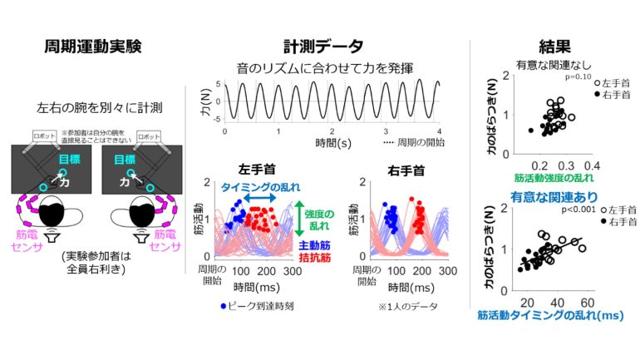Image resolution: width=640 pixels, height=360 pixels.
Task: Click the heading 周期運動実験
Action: (x=92, y=46)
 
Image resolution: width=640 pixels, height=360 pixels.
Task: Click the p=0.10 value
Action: (x=576, y=76)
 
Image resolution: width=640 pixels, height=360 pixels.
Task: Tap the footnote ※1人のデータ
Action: (x=399, y=307)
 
